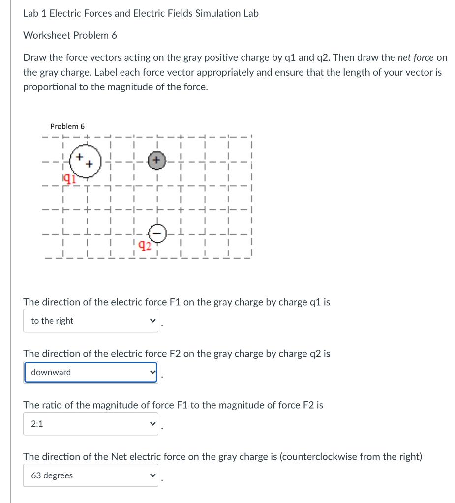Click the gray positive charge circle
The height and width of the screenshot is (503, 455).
tap(156, 161)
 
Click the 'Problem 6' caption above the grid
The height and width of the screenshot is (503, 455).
tap(67, 127)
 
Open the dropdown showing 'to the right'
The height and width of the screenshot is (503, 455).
tap(91, 321)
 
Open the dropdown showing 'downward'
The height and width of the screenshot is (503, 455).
tap(91, 372)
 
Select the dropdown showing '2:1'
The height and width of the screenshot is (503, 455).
tap(91, 424)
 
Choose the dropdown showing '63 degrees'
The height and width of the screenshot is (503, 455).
tap(91, 475)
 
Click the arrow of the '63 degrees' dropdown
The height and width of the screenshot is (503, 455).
tap(152, 475)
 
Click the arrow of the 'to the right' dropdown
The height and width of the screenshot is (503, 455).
tap(152, 321)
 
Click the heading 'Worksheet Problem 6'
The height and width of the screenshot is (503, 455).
tap(70, 35)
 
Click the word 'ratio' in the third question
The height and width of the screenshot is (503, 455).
tap(51, 405)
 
